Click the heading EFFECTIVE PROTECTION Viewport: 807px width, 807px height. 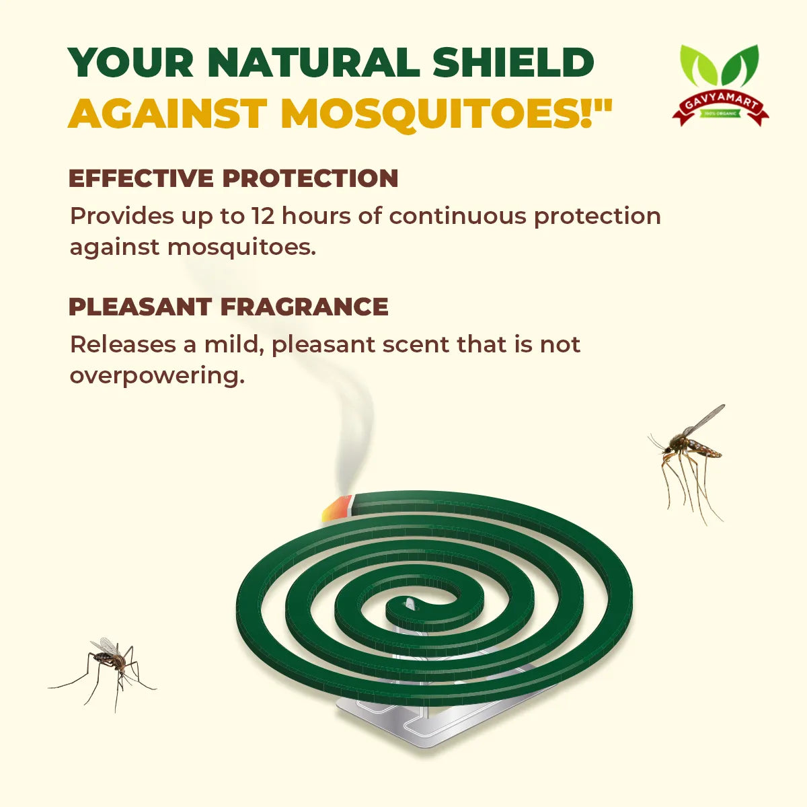pyautogui.click(x=233, y=178)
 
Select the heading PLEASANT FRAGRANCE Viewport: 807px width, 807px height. pyautogui.click(x=229, y=307)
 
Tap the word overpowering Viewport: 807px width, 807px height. pyautogui.click(x=156, y=375)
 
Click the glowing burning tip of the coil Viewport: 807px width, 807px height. pyautogui.click(x=338, y=507)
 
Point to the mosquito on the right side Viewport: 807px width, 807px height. pyautogui.click(x=689, y=451)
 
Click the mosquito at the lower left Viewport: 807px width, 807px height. pyautogui.click(x=108, y=662)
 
